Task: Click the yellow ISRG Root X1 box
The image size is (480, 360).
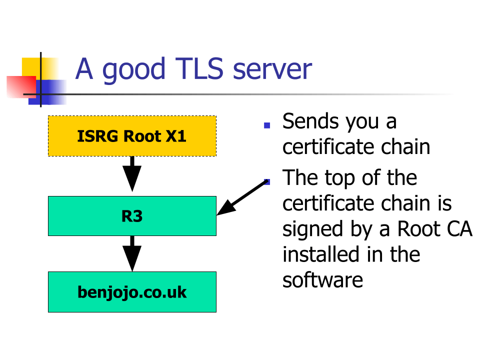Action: click(x=132, y=136)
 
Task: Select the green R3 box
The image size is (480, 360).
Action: click(x=132, y=216)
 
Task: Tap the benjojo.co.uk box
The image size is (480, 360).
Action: click(x=132, y=292)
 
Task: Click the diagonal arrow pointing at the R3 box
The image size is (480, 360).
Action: click(x=242, y=198)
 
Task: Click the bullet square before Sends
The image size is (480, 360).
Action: click(x=267, y=125)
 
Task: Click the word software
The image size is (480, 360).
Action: click(x=322, y=280)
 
